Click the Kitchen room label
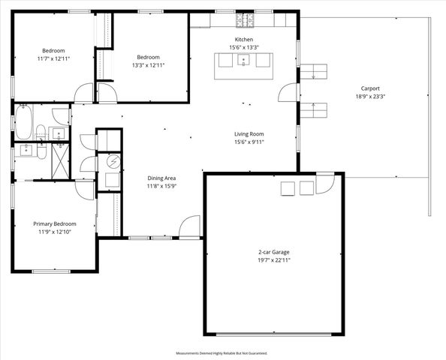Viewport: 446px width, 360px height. click(244, 39)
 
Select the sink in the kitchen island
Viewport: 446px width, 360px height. click(243, 61)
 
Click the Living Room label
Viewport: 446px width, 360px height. click(250, 133)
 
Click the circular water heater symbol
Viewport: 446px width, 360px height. click(113, 161)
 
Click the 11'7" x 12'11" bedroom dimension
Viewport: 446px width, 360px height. click(52, 58)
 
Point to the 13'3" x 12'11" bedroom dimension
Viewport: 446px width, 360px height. click(148, 65)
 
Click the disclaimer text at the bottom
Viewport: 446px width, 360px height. click(221, 352)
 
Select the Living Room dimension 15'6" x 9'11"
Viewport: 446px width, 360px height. click(250, 142)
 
